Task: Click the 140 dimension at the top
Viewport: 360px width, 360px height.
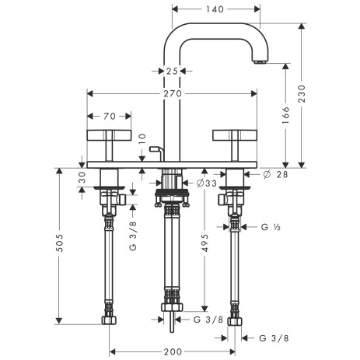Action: (x=215, y=9)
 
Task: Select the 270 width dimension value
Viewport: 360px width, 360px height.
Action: (x=173, y=93)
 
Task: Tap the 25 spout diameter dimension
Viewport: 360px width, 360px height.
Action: (x=172, y=71)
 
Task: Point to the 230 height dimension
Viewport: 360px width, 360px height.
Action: (x=302, y=93)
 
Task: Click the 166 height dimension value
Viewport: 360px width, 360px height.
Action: (x=285, y=115)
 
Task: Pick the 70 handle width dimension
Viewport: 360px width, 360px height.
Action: (x=110, y=116)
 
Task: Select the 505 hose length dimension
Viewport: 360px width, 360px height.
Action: (x=59, y=243)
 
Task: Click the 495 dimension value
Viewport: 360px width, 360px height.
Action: (x=204, y=243)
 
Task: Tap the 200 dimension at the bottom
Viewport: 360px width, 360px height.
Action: (x=173, y=351)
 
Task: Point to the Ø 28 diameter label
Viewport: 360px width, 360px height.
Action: (x=275, y=174)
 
